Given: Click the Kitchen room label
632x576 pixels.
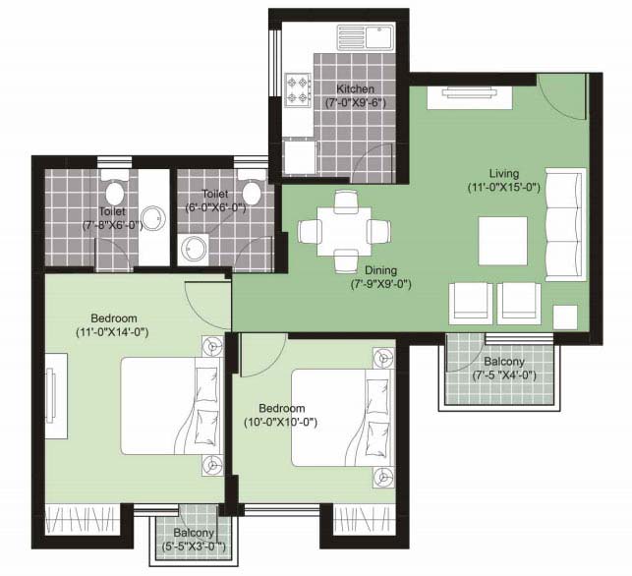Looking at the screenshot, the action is [x=355, y=89].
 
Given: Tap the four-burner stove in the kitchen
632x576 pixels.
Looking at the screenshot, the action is [x=298, y=89].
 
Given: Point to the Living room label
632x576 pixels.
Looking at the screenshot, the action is [x=504, y=174].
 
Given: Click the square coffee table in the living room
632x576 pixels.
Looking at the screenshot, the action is [x=503, y=241].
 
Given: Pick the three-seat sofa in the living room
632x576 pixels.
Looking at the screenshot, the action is [x=565, y=224].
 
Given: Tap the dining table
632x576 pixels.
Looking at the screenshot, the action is [x=344, y=231].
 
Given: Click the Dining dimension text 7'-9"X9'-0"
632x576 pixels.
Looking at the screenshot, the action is [x=381, y=285].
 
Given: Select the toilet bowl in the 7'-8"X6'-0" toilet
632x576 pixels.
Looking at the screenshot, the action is [x=114, y=190].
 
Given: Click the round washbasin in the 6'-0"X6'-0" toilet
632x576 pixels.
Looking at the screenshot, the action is [x=195, y=249].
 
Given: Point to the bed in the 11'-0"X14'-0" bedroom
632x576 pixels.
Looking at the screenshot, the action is [x=172, y=406].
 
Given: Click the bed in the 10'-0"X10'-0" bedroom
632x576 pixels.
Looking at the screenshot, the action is [x=342, y=418].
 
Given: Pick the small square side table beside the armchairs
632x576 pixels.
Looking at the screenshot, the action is [x=565, y=317].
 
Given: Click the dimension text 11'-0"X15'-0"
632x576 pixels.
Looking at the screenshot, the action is [x=504, y=188].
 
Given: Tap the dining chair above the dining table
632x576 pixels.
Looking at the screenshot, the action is [x=346, y=202].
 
